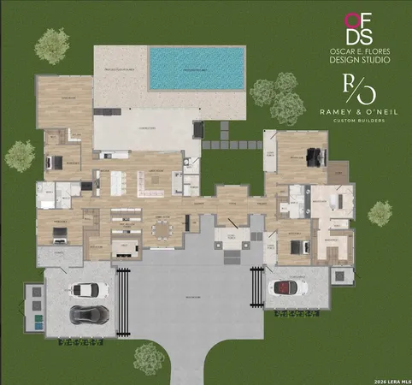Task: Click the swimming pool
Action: point(196,68)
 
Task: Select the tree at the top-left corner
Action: point(54,42)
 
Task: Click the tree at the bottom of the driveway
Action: point(150,356)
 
